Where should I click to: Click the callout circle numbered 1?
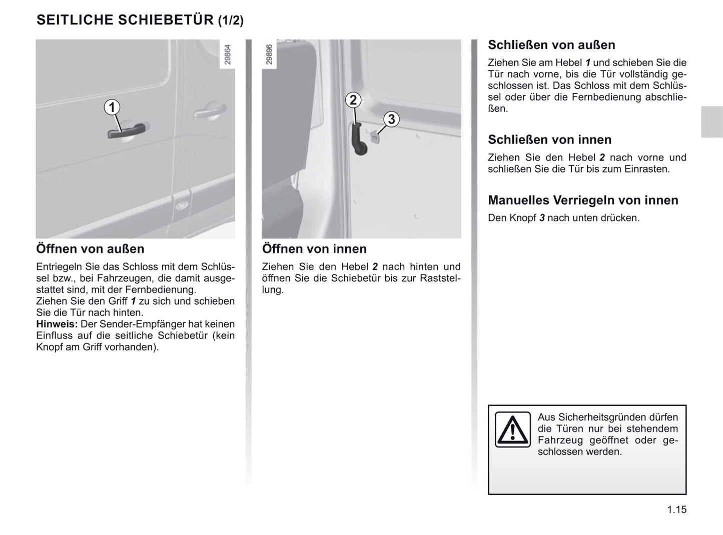pos(112,107)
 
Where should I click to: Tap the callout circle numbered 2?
pos(353,100)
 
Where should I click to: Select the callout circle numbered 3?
pos(391,119)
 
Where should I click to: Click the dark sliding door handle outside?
pos(128,130)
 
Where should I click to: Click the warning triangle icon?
pos(512,429)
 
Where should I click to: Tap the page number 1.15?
pos(676,509)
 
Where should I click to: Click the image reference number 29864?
pos(228,55)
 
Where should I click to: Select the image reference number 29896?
pos(269,55)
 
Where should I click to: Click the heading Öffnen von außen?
pos(90,249)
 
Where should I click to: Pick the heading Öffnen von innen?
pos(314,249)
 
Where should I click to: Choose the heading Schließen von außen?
pos(551,45)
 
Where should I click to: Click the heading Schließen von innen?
pos(549,139)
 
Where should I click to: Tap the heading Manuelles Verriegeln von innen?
pos(583,200)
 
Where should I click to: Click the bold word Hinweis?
pos(57,324)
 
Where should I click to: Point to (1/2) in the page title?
pos(231,20)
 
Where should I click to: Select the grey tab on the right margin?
pos(711,121)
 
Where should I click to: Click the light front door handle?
pos(210,110)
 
